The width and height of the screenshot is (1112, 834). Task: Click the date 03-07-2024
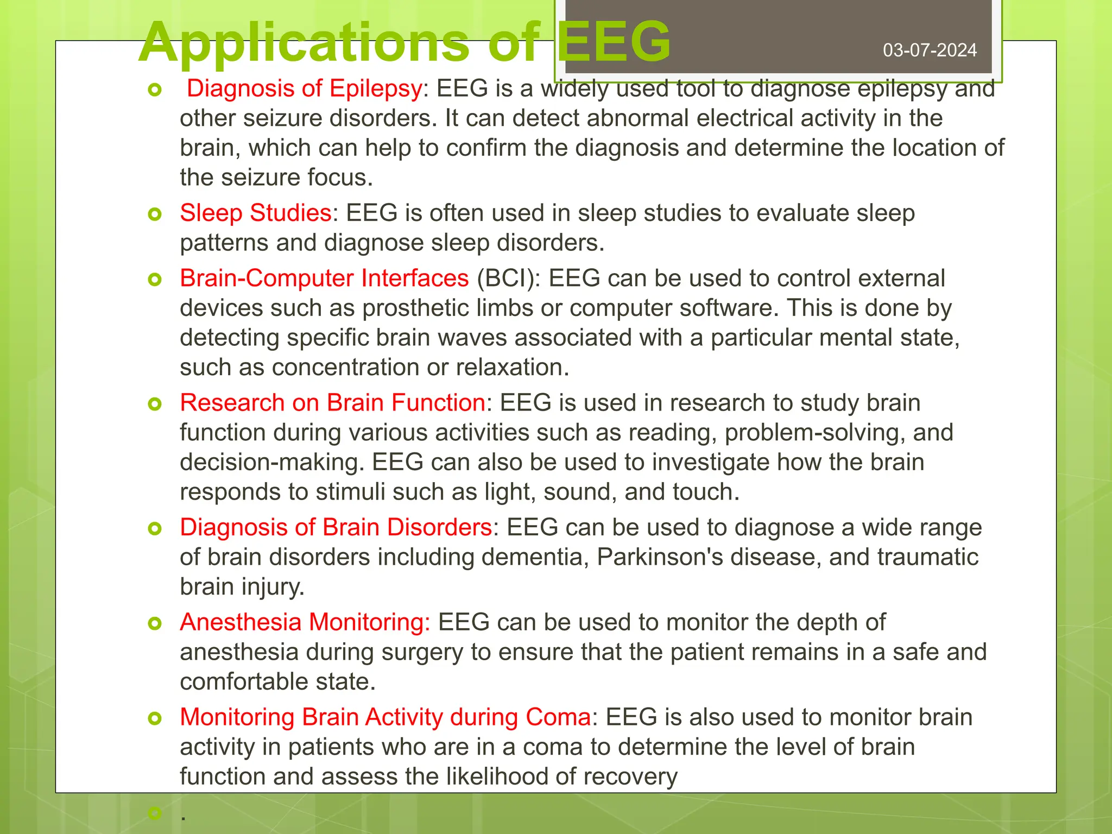pyautogui.click(x=930, y=50)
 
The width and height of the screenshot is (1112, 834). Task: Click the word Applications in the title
pyautogui.click(x=304, y=42)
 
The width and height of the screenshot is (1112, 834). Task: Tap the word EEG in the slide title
pyautogui.click(x=614, y=42)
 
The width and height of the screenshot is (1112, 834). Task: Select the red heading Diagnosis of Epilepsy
pyautogui.click(x=304, y=89)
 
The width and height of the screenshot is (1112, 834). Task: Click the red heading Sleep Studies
pyautogui.click(x=256, y=213)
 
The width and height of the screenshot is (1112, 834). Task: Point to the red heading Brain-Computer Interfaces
pyautogui.click(x=324, y=278)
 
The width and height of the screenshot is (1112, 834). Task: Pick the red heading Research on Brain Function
pyautogui.click(x=332, y=403)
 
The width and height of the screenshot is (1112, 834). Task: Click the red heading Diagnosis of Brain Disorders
pyautogui.click(x=336, y=527)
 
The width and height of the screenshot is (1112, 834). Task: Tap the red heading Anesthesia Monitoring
pyautogui.click(x=305, y=622)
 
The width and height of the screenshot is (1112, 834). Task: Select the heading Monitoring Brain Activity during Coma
pyautogui.click(x=386, y=717)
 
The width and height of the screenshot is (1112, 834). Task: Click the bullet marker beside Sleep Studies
pyautogui.click(x=155, y=214)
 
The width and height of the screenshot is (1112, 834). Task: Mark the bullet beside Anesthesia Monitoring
pyautogui.click(x=155, y=624)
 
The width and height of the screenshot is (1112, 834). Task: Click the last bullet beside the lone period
pyautogui.click(x=155, y=813)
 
